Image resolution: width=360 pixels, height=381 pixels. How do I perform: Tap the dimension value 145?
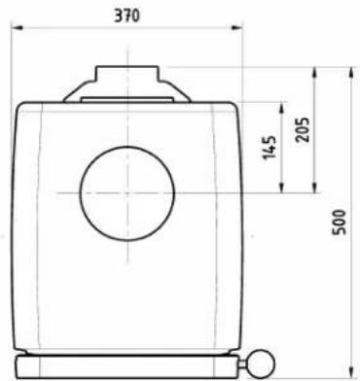(270, 147)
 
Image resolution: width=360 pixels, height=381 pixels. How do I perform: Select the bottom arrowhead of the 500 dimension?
(348, 371)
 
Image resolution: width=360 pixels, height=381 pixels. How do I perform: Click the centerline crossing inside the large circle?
(126, 191)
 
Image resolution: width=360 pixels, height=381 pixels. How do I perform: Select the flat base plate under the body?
(126, 368)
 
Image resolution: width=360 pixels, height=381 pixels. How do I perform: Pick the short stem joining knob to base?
(245, 363)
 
